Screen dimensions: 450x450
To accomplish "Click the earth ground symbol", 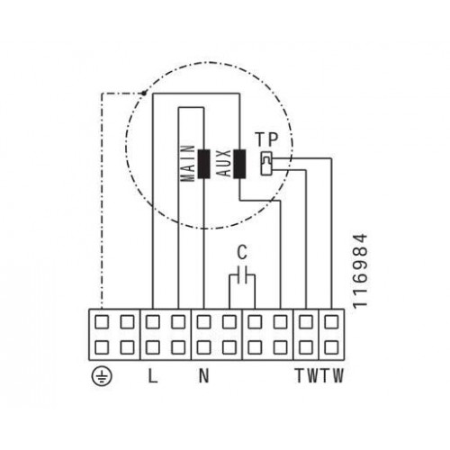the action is tap(102, 376).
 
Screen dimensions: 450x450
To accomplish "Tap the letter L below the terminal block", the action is tap(153, 375).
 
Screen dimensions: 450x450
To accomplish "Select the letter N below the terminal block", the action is tap(203, 375).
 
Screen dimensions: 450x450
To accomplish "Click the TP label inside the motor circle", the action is tap(266, 139).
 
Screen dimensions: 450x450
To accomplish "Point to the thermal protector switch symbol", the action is tap(266, 163).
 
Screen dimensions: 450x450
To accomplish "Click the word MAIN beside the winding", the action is tap(188, 163).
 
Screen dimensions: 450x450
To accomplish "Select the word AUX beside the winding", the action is tap(224, 163).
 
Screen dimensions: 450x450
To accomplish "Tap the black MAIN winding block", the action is tap(203, 164).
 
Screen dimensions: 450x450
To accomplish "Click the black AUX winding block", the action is tap(239, 164).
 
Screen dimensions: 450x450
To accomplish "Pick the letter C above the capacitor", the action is tap(242, 252).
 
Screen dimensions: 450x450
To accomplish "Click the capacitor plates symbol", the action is tap(242, 274).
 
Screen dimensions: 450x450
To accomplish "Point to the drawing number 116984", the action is tap(360, 271).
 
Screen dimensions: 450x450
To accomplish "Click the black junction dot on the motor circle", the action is tap(144, 94).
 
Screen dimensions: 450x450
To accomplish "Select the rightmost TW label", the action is tap(332, 375).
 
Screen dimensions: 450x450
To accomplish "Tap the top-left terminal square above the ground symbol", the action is tap(102, 322).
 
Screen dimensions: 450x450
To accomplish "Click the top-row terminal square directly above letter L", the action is tap(153, 322).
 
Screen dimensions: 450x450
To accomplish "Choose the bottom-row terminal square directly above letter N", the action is tap(203, 347).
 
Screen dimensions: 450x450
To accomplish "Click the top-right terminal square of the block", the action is tap(331, 322).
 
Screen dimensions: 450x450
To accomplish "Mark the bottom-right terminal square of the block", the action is tap(331, 347).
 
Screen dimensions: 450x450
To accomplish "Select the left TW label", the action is tap(307, 375).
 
